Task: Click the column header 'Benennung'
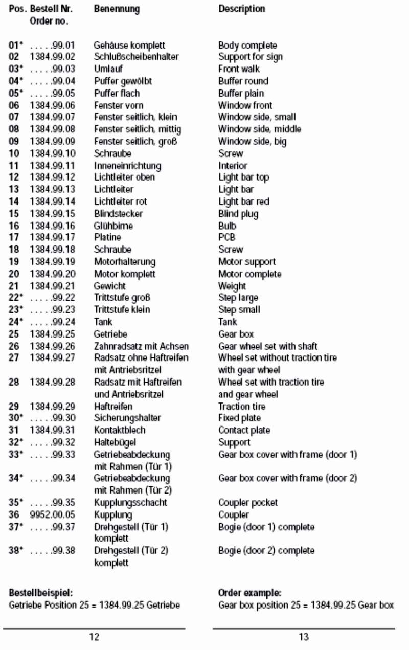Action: click(117, 9)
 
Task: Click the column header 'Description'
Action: click(241, 9)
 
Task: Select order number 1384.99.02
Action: click(52, 57)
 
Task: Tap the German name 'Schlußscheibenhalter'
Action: click(136, 57)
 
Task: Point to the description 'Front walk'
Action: click(239, 69)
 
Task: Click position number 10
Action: click(14, 153)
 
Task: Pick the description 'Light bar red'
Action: click(243, 201)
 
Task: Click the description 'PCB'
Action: click(227, 237)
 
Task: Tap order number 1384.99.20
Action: click(52, 274)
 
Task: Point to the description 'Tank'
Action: click(228, 322)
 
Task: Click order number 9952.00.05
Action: click(52, 514)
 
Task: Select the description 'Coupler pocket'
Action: click(248, 502)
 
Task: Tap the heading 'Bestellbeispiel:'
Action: click(41, 593)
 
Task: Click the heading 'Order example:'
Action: click(249, 593)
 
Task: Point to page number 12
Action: click(94, 637)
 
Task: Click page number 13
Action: click(304, 637)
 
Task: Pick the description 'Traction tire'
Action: click(242, 407)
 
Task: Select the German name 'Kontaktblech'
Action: click(119, 430)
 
